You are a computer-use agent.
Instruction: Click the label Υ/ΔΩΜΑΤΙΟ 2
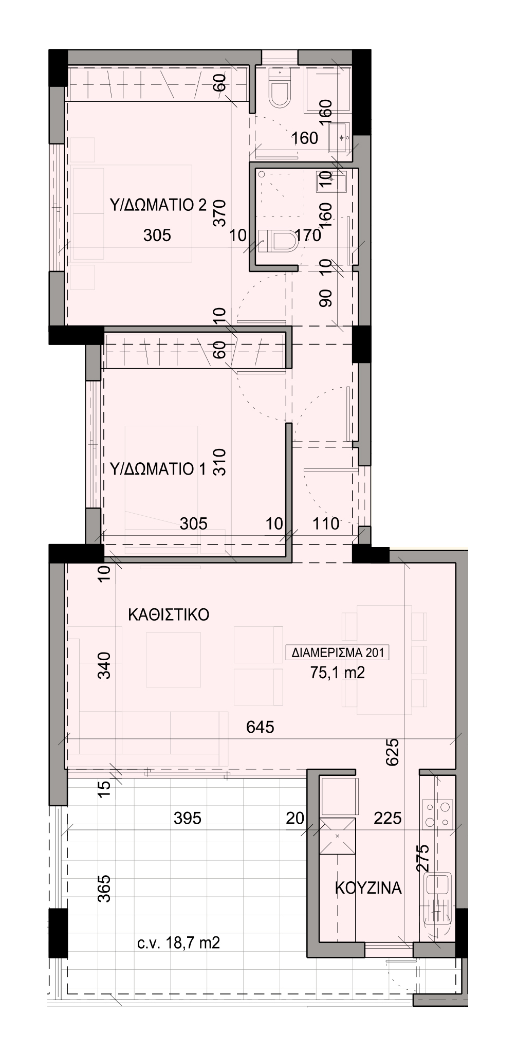(x=158, y=206)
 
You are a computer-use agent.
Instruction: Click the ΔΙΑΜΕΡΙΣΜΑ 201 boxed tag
(x=337, y=653)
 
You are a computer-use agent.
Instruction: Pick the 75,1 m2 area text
(x=338, y=673)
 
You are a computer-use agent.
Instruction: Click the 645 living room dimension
(x=260, y=727)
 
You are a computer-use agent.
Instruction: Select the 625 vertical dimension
(x=393, y=752)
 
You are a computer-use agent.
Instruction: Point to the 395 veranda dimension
(x=188, y=818)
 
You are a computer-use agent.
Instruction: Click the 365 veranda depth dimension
(x=104, y=888)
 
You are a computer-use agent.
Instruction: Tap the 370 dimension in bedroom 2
(x=220, y=213)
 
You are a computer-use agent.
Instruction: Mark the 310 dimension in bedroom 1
(x=219, y=462)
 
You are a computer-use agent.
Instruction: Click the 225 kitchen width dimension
(x=387, y=818)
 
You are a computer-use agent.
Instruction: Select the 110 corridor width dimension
(x=326, y=524)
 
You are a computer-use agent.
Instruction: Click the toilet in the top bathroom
(x=280, y=90)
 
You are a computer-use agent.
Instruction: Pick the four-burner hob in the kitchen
(x=437, y=814)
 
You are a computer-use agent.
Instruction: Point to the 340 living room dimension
(x=104, y=665)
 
